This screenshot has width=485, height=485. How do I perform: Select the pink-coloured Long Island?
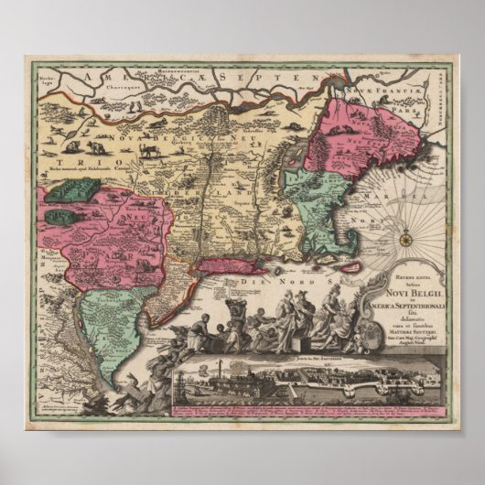[215, 264]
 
